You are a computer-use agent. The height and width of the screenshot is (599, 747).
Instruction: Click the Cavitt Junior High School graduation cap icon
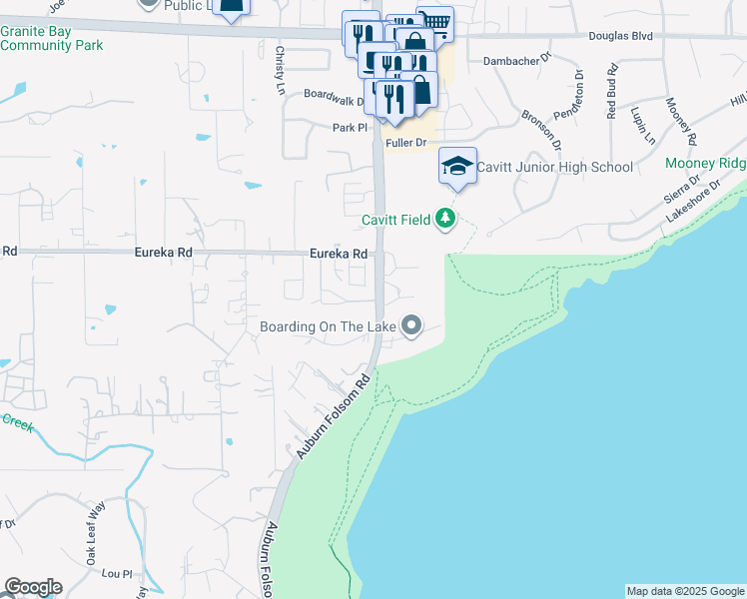[457, 165]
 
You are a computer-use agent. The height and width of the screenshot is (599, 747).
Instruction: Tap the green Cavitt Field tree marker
[446, 219]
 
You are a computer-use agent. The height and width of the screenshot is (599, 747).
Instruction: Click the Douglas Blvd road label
[620, 35]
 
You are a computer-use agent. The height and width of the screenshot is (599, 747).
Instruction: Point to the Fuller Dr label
[406, 143]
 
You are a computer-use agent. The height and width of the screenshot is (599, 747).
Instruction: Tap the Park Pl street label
[351, 128]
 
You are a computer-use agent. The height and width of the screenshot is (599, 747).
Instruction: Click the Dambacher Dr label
[516, 61]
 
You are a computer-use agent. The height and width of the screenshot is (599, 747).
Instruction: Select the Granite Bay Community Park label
[52, 38]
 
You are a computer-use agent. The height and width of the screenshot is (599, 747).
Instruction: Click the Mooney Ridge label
[705, 164]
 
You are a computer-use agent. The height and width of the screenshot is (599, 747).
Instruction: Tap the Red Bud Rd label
[612, 92]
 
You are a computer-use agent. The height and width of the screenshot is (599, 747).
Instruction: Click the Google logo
[33, 587]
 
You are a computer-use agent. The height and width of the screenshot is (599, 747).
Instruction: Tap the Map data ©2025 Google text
[684, 591]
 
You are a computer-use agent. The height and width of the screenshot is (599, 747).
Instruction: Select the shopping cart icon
[434, 22]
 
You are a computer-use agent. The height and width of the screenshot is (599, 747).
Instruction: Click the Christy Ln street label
[281, 68]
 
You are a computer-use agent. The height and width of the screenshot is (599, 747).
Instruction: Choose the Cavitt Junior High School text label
[555, 167]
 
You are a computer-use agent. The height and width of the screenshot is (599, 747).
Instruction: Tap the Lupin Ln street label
[641, 125]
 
